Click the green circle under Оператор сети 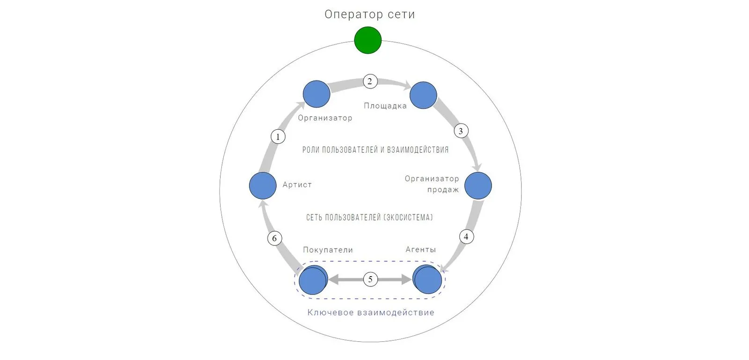[x=368, y=40]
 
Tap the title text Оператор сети [x=369, y=15]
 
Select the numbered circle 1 [x=278, y=136]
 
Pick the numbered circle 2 [x=370, y=81]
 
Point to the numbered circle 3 [x=461, y=131]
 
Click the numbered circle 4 [x=466, y=237]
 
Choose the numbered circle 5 [x=370, y=279]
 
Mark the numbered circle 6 [x=274, y=238]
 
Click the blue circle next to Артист [x=263, y=185]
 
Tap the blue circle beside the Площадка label [x=423, y=95]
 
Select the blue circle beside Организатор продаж [x=478, y=186]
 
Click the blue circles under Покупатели [x=313, y=280]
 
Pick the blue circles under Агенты [x=427, y=279]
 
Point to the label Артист [x=297, y=184]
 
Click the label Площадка [x=385, y=106]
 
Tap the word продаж [x=443, y=190]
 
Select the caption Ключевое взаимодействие [x=371, y=312]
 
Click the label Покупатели [x=328, y=250]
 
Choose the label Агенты [x=421, y=250]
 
